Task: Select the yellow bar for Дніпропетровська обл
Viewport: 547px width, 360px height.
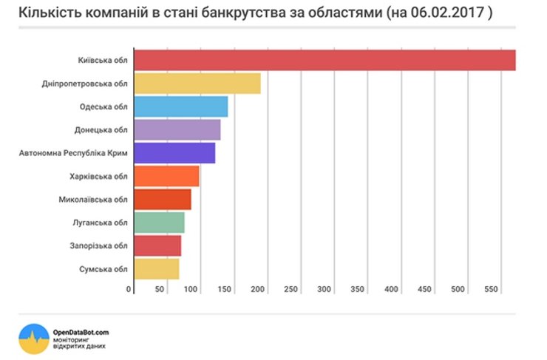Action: (x=197, y=84)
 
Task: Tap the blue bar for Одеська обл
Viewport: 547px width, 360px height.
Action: (x=180, y=106)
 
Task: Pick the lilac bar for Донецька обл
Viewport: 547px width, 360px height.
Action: (x=177, y=130)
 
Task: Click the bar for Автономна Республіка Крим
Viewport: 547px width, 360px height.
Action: (x=174, y=153)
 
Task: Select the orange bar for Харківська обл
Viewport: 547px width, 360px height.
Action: (x=166, y=176)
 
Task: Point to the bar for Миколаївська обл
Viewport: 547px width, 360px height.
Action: (x=162, y=200)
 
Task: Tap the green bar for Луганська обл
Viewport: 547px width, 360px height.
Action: (x=159, y=223)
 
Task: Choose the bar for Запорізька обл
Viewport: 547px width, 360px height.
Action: (x=157, y=245)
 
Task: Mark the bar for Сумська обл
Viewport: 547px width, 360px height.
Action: (x=156, y=269)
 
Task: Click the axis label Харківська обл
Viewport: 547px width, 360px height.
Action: (x=100, y=176)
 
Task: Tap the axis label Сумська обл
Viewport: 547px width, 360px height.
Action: (x=103, y=269)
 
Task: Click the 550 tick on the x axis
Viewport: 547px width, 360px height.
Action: (x=491, y=288)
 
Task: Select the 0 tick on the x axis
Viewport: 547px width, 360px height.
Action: (x=129, y=288)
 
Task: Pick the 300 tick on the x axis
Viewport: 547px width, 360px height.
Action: (x=324, y=288)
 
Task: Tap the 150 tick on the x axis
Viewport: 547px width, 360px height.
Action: (x=225, y=288)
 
